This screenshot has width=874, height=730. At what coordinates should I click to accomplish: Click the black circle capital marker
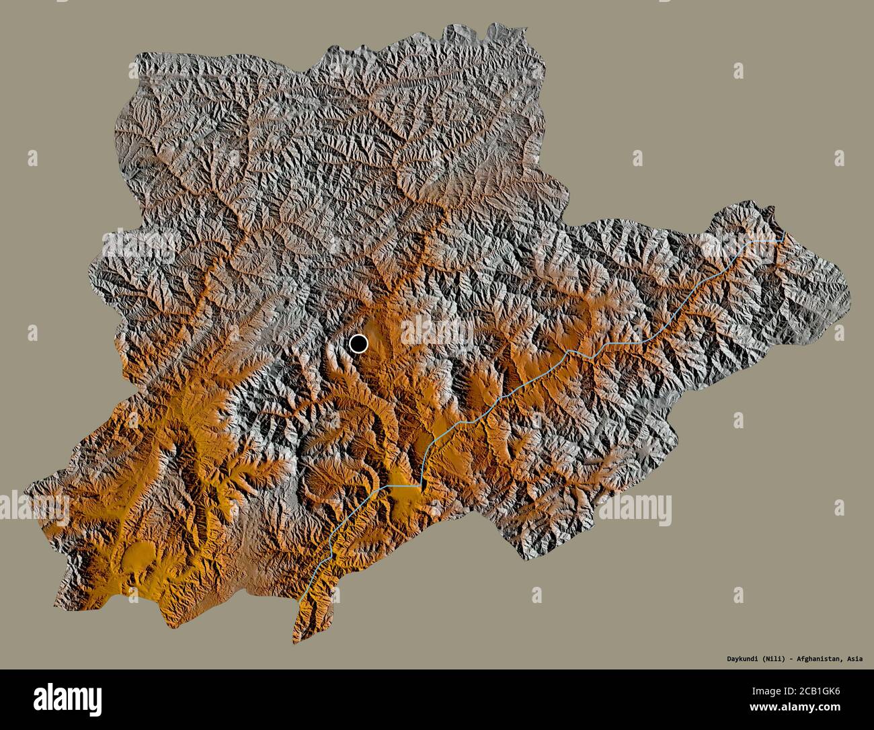[359, 344]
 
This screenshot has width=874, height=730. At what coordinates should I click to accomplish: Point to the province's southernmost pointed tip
[294, 643]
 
